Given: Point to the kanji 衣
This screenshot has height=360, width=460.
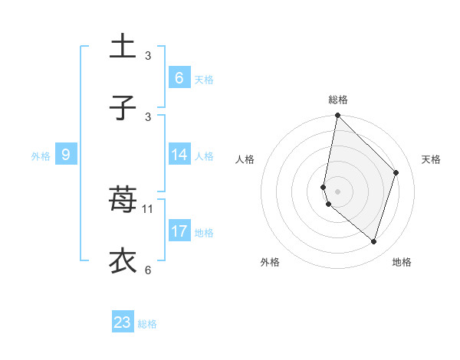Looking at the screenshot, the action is [123, 260].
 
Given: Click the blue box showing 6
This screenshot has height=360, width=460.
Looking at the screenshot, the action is [179, 78].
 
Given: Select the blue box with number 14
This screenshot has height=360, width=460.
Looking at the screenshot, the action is [179, 155].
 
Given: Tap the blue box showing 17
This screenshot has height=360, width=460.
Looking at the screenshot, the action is [179, 231].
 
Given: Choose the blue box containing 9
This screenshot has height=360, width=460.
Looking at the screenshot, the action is [66, 155].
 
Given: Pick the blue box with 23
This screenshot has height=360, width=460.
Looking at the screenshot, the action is [123, 322].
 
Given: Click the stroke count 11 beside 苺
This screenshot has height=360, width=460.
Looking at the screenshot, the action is [148, 208].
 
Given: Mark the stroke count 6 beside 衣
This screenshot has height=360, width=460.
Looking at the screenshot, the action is [148, 270].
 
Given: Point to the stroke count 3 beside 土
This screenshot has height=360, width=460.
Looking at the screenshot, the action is [148, 55].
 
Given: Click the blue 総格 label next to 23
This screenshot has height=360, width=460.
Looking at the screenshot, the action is [147, 324].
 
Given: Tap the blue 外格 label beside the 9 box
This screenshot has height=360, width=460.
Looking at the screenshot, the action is [41, 156].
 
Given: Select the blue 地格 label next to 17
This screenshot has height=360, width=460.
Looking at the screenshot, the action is [204, 233].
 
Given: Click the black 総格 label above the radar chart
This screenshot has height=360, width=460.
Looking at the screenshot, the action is [337, 100].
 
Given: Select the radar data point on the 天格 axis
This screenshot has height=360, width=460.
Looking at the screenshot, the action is [396, 172].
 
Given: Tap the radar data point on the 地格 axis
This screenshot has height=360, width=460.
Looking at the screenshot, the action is [373, 241].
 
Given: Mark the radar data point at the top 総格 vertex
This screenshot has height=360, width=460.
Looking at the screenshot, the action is [337, 115].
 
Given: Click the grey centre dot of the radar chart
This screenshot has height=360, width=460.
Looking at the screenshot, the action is [337, 191].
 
